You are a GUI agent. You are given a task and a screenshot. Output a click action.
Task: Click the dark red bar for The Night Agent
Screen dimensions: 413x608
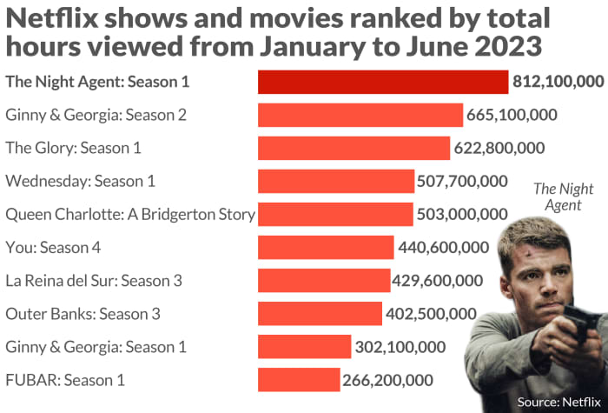[383, 82]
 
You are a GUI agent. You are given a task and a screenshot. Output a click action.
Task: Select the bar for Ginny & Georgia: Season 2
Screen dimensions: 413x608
[360, 115]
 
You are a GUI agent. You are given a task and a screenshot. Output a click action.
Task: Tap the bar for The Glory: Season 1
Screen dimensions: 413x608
[354, 148]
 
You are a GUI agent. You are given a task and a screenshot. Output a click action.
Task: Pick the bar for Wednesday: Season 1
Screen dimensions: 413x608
[336, 181]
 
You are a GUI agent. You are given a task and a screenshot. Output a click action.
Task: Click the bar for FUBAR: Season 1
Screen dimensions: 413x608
[299, 379]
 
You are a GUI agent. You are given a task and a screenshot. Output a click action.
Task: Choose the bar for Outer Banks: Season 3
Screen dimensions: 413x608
[320, 313]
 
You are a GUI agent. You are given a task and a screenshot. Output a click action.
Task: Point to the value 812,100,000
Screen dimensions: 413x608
[558, 82]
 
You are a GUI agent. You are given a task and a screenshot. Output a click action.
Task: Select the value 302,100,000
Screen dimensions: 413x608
[400, 346]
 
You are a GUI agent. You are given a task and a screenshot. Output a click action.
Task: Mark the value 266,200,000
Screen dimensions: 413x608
[388, 379]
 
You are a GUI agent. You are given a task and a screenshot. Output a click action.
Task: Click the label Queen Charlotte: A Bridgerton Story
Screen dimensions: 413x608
[130, 214]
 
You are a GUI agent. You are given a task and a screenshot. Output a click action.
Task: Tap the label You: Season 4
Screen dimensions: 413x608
[53, 247]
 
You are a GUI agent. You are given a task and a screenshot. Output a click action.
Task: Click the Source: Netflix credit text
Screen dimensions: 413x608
[558, 401]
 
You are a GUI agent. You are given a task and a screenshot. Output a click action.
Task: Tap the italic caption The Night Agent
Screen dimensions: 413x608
[563, 197]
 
